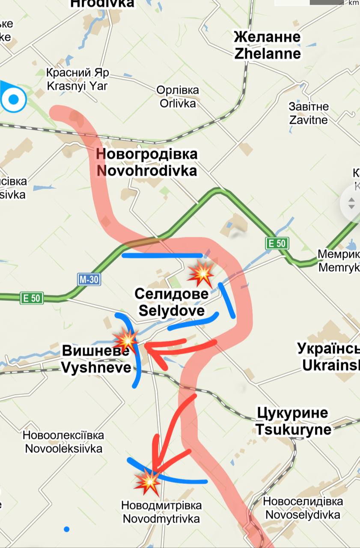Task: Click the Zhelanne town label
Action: click(x=267, y=45)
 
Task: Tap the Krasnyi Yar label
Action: click(x=77, y=79)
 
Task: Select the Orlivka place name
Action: click(x=178, y=97)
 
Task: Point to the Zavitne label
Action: click(x=308, y=113)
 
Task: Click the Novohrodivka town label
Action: click(x=147, y=162)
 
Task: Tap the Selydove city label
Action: click(x=171, y=302)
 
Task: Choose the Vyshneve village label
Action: click(x=96, y=359)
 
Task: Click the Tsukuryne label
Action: click(x=293, y=421)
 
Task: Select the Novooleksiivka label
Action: click(x=63, y=442)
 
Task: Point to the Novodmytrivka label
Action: click(x=161, y=512)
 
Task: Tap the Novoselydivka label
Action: click(x=303, y=508)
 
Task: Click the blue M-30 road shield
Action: click(x=89, y=280)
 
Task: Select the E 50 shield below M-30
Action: click(x=32, y=298)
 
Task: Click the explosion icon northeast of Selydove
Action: click(x=201, y=273)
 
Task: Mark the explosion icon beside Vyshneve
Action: click(x=125, y=340)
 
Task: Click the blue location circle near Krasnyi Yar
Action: click(x=14, y=99)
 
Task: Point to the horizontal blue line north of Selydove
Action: click(x=162, y=256)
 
